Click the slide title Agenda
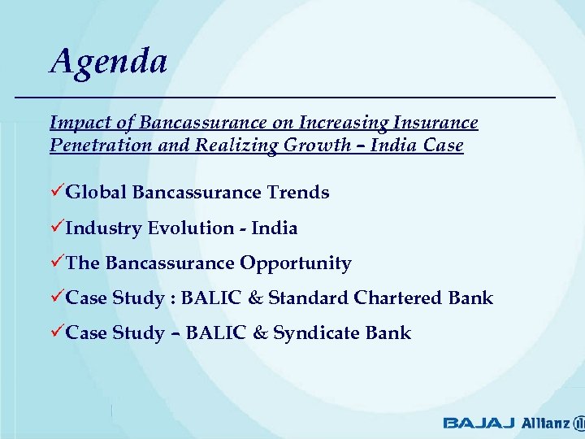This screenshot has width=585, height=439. [108, 62]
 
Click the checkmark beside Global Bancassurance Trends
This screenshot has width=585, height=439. [56, 193]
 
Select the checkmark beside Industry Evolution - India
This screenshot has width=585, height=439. [56, 228]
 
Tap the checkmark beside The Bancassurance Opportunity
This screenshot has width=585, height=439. [56, 263]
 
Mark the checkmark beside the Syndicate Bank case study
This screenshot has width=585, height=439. [56, 333]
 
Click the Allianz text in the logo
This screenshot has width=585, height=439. [544, 423]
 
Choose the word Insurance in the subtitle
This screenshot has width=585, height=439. [436, 123]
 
